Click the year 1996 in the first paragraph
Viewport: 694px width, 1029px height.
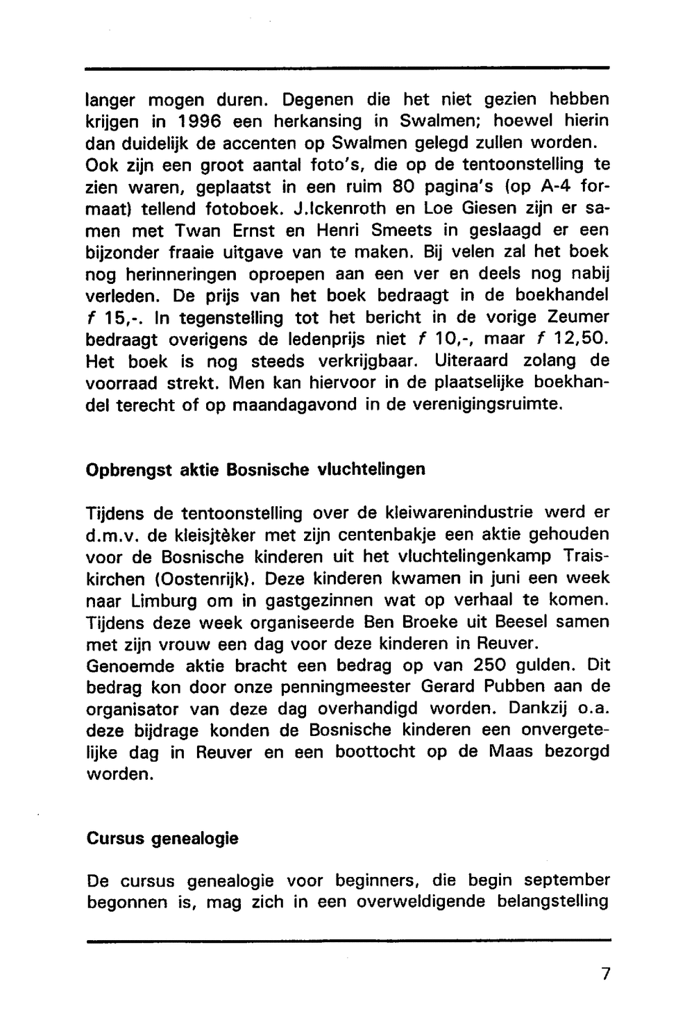tap(193, 122)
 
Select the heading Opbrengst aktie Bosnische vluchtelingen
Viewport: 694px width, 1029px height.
tap(255, 469)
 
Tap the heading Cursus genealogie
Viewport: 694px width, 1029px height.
tap(162, 838)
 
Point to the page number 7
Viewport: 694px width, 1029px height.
tap(606, 974)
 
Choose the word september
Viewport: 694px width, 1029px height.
tap(566, 881)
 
